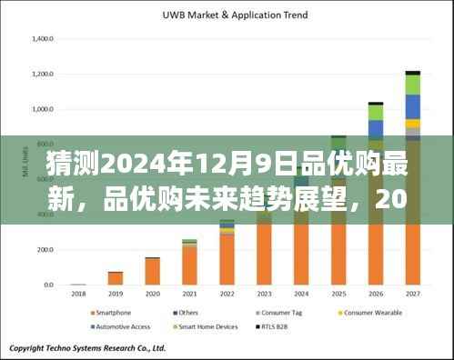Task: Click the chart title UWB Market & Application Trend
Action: (235, 15)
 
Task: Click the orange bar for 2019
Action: (116, 278)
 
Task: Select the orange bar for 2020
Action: (152, 271)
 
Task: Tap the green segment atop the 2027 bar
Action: (412, 85)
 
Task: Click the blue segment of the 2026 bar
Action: (375, 128)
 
